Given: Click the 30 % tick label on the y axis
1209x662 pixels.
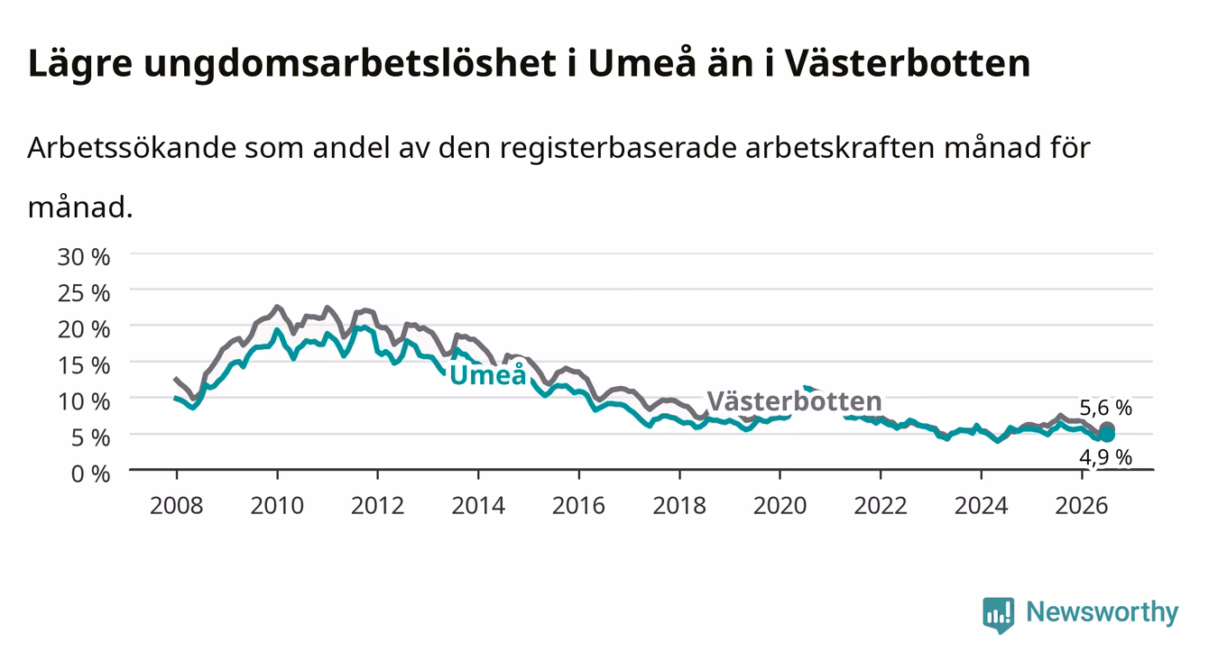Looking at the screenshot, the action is pos(84,257).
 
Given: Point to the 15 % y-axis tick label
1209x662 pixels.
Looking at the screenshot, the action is pos(84,365).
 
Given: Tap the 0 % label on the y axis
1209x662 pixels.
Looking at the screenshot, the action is pos(90,474).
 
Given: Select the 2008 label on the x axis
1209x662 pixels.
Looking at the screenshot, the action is pos(176,506).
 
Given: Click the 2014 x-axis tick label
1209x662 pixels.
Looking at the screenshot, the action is pos(478,506).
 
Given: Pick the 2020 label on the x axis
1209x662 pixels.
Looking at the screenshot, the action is pos(780,506).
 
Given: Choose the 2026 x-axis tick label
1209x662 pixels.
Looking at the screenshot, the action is pos(1082,506).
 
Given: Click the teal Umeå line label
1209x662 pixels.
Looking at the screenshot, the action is pos(487,374).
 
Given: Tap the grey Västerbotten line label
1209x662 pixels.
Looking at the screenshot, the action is pos(794,400).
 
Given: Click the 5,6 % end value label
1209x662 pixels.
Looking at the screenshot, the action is pos(1106,408).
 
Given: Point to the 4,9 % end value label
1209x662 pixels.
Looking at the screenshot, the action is pos(1106,457).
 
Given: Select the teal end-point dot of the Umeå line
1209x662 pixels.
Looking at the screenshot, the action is pos(1107,435).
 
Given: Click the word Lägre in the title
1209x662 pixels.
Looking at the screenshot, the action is pos(80,64).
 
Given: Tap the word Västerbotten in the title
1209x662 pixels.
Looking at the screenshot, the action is pos(908,63).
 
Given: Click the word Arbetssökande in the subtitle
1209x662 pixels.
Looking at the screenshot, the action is pos(132,147).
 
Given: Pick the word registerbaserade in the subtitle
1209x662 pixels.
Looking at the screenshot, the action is pos(618,149).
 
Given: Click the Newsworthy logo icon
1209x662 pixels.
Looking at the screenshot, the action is pos(999,615).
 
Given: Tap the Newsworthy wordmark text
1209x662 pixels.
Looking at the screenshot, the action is pos(1103,613).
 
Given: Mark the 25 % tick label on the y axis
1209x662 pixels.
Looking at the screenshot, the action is pos(84,293).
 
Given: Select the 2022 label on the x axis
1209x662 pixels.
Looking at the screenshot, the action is pos(881,506).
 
